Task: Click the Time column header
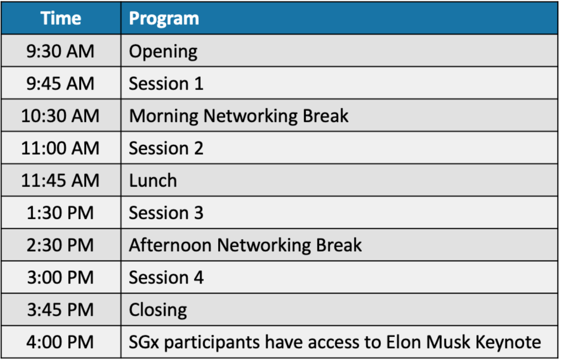61,18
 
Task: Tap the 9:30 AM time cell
60,51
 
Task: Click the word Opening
163,52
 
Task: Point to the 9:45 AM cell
60,83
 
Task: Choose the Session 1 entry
166,83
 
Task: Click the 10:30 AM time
60,116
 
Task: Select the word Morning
164,117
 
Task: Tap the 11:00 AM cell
60,148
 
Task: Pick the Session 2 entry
166,148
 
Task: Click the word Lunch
153,180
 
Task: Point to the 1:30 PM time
60,213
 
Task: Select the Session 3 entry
166,213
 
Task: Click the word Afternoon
170,245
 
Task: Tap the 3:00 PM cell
60,277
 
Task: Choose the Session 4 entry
166,277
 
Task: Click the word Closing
158,310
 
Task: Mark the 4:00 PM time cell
60,342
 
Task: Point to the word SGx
144,342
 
